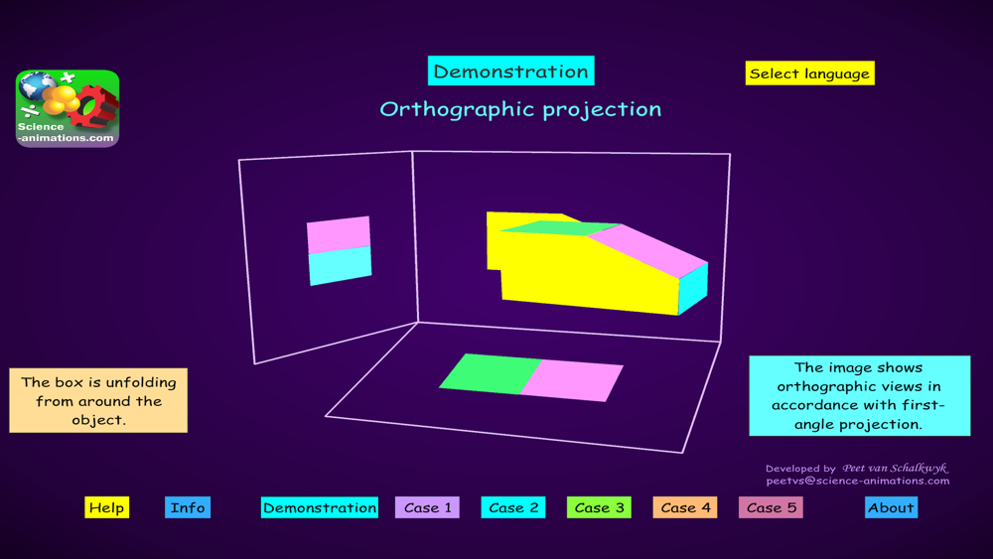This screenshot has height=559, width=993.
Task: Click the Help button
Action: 107,507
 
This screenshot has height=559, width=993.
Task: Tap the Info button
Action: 188,507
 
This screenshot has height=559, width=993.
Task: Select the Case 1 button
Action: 427,507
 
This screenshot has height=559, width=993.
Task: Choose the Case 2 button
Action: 513,507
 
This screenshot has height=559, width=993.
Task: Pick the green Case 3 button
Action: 599,507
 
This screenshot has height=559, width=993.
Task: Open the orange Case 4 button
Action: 685,507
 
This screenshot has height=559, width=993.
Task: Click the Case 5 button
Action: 771,507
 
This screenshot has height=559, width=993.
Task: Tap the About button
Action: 891,507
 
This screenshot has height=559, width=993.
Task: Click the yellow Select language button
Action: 810,73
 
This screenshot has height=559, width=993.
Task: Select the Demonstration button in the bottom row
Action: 320,507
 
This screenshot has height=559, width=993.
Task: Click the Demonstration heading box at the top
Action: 511,70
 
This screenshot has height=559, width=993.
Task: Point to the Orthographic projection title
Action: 520,109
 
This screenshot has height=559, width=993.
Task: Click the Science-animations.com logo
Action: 68,108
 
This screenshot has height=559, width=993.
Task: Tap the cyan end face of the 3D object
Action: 693,289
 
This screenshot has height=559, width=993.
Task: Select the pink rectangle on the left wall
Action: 339,235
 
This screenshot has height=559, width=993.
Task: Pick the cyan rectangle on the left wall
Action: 340,266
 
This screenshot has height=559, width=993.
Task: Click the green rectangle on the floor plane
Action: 491,373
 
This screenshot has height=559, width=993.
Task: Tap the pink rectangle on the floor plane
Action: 572,381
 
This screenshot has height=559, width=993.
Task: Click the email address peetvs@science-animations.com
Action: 858,481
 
